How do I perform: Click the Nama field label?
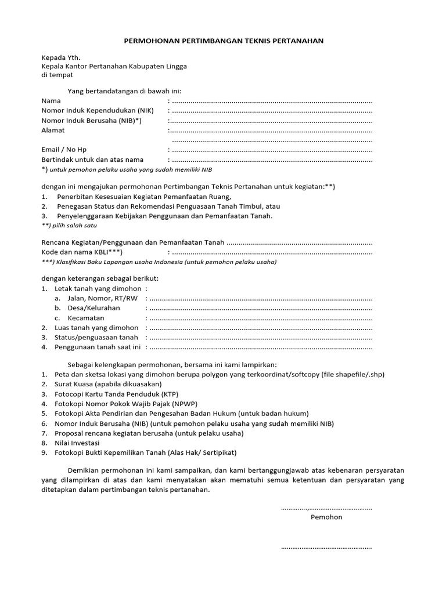click(51, 101)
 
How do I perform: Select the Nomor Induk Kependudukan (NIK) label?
click(98, 111)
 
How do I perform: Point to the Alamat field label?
click(53, 131)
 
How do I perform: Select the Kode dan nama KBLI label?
click(82, 252)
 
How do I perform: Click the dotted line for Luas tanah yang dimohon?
click(261, 328)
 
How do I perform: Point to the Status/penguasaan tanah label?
click(96, 338)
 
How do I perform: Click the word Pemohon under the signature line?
click(326, 517)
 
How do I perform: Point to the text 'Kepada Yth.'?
click(60, 57)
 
